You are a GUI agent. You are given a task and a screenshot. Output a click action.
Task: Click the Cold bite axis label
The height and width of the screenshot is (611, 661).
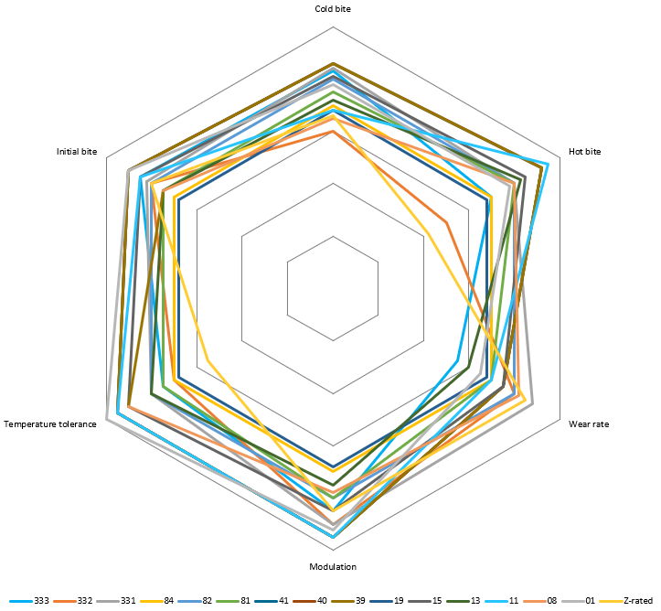333,8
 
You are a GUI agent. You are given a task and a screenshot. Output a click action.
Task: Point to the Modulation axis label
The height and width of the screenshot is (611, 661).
333,567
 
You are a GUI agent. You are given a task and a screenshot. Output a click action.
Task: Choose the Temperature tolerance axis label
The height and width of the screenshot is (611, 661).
50,424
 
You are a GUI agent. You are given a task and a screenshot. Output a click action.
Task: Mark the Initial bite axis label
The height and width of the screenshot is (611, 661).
77,151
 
